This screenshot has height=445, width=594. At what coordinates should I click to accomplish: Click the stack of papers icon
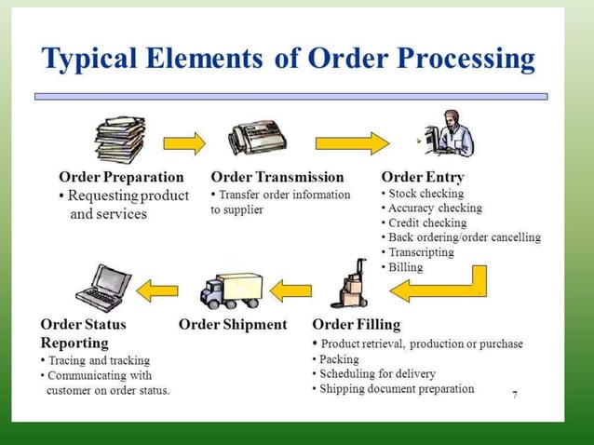120,140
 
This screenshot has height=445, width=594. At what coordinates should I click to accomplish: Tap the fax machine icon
257,140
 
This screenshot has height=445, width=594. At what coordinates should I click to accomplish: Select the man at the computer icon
451,136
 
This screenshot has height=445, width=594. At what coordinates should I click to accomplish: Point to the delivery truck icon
232,291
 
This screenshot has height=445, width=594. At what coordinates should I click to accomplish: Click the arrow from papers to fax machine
184,143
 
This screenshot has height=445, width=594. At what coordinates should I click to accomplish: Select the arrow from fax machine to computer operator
351,143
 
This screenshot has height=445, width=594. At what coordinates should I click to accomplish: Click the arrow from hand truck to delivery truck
291,290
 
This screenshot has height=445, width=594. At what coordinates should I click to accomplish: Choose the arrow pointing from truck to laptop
157,291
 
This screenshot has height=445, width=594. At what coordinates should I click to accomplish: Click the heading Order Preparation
121,177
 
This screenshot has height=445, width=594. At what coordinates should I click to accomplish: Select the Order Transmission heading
277,177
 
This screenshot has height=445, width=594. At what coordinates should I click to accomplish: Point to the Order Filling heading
357,325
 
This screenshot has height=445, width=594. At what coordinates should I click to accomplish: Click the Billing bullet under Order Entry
405,267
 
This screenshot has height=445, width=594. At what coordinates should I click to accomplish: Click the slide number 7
515,395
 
